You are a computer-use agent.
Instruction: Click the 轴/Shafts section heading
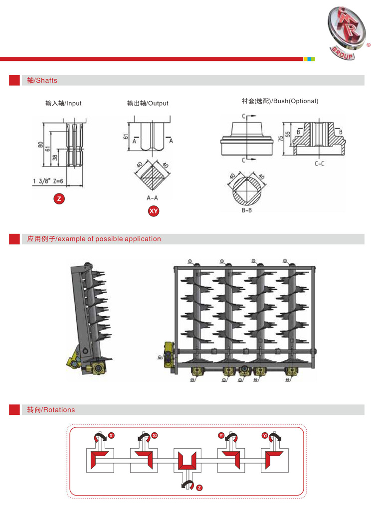pos(42,80)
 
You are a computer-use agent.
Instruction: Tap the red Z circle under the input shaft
pos(59,199)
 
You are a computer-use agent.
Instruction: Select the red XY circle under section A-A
pos(154,211)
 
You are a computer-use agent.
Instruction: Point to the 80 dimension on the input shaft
pos(41,145)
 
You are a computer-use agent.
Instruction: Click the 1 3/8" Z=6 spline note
pos(48,181)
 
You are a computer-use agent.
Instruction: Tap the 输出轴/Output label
pos(148,103)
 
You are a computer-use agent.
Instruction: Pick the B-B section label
pos(246,211)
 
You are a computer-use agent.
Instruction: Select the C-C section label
pos(320,163)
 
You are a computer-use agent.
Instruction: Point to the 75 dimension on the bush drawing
pos(281,138)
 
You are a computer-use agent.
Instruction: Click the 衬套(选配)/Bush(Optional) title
pos(280,101)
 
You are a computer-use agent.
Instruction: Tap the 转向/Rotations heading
pos(51,410)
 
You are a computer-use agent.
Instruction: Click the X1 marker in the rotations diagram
pos(112,436)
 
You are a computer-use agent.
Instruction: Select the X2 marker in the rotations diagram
pos(155,436)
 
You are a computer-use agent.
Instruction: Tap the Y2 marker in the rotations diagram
pos(265,436)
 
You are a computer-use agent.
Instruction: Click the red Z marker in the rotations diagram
pos(199,487)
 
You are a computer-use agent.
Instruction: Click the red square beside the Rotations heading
pos(14,410)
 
